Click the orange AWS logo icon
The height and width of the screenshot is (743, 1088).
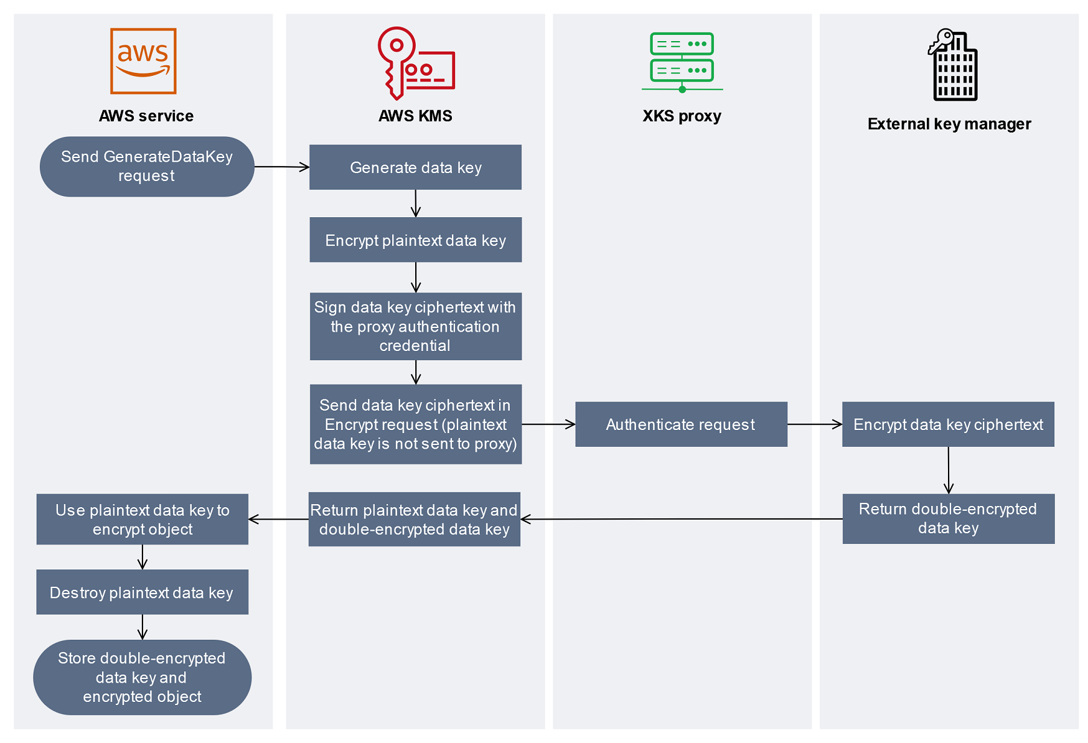[x=143, y=61]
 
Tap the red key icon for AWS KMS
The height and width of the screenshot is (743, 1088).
[x=415, y=63]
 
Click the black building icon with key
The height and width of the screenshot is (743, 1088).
[x=952, y=65]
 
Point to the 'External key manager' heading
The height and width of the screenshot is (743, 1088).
[x=949, y=124]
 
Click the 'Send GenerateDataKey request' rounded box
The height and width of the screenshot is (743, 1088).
[x=147, y=167]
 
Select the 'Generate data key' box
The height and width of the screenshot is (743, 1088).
[x=415, y=167]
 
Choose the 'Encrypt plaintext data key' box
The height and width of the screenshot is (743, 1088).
[x=415, y=240]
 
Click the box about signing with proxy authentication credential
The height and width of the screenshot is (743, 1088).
[x=415, y=327]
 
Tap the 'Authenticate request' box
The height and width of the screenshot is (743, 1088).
[x=681, y=424]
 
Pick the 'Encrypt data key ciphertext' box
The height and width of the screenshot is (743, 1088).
[x=948, y=424]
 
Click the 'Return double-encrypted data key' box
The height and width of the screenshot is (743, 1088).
[x=948, y=519]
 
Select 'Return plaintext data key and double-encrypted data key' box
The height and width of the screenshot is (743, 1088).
[x=414, y=520]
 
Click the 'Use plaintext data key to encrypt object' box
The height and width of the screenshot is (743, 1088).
[x=143, y=520]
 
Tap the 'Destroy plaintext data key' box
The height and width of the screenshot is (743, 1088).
[x=142, y=592]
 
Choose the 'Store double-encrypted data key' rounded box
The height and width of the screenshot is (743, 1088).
[x=142, y=678]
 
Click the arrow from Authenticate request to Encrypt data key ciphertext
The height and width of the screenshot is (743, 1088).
[x=814, y=424]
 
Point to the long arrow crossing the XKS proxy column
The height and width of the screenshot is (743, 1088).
[x=682, y=519]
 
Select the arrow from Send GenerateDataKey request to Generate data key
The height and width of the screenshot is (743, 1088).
[x=281, y=167]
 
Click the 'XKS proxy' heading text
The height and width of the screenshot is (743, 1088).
[x=682, y=116]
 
